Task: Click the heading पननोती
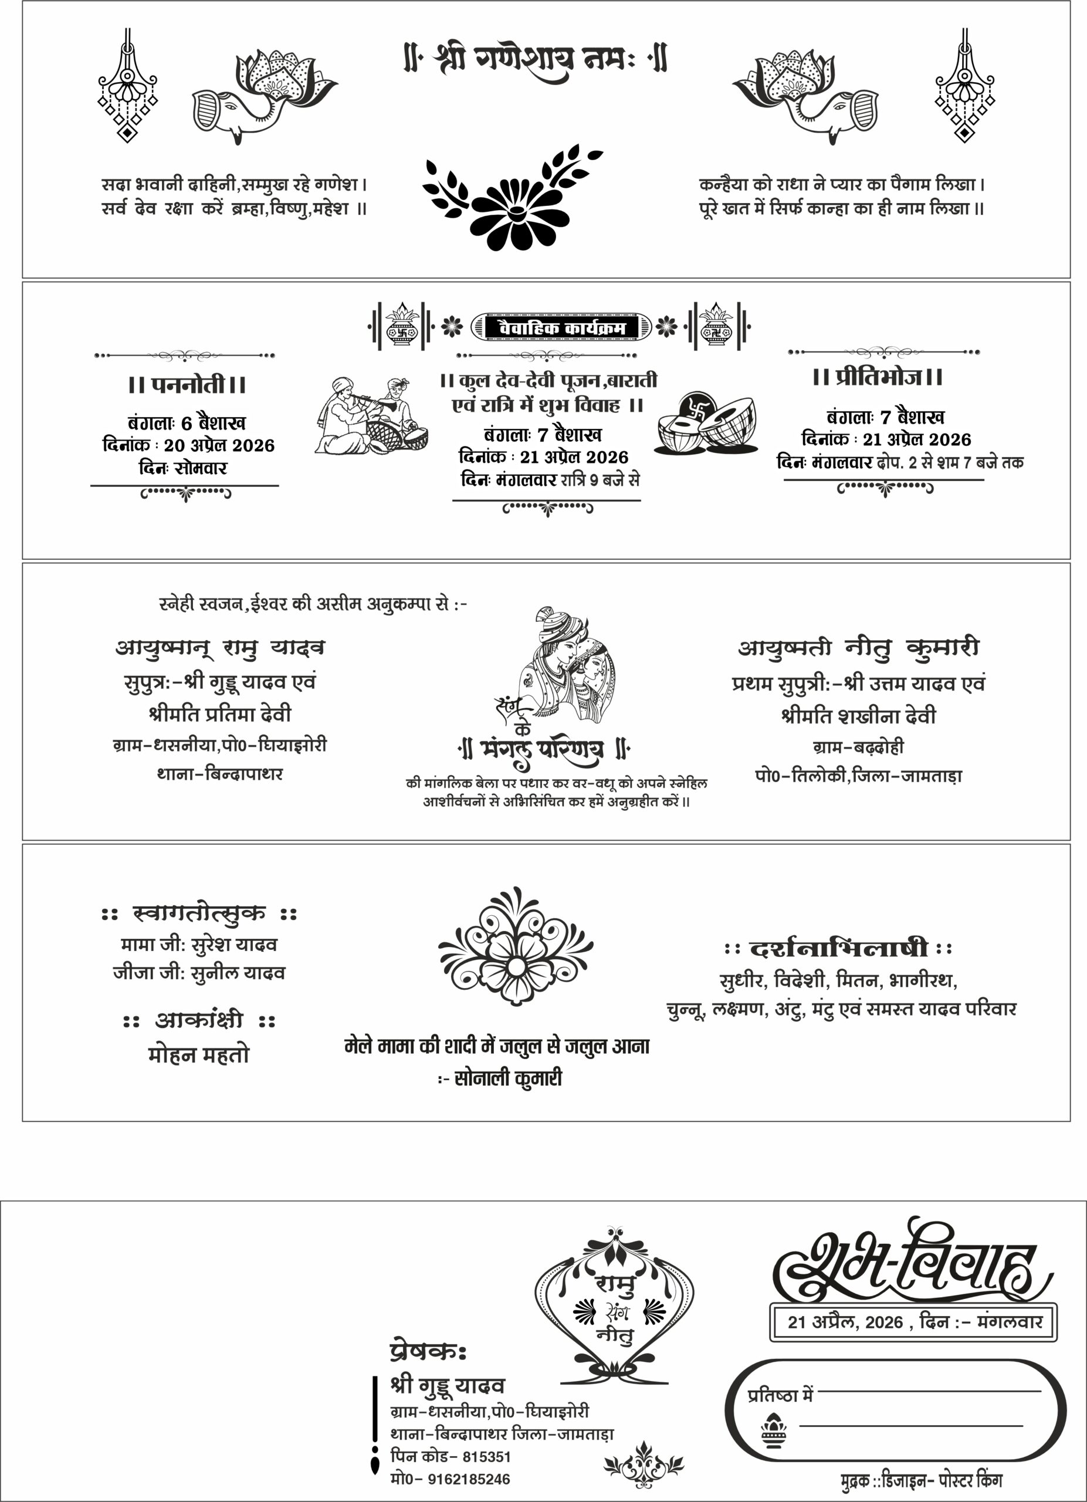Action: pyautogui.click(x=187, y=384)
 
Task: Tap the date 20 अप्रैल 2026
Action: pyautogui.click(x=219, y=446)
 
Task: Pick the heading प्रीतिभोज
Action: pyautogui.click(x=878, y=377)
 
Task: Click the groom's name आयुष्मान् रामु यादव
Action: pyautogui.click(x=220, y=648)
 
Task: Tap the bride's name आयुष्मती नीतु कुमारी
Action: pyautogui.click(x=859, y=648)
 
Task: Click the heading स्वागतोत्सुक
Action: pyautogui.click(x=199, y=914)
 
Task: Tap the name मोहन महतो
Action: pyautogui.click(x=199, y=1055)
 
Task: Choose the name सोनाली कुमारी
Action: pyautogui.click(x=508, y=1079)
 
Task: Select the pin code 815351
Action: pyautogui.click(x=486, y=1456)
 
